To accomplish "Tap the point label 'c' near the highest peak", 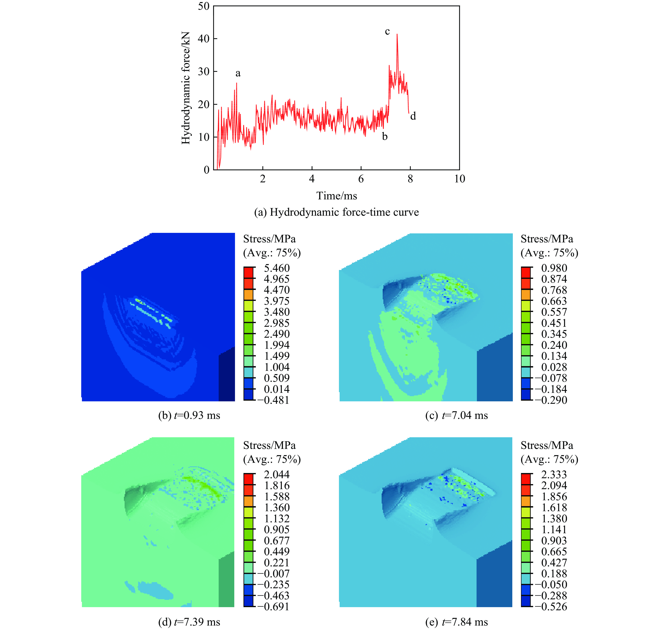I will [x=387, y=31].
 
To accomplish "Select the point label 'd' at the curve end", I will [x=413, y=116].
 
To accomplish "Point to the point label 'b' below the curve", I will [x=385, y=137].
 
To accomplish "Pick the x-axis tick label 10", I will [x=460, y=179].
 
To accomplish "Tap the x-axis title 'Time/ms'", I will [x=337, y=196].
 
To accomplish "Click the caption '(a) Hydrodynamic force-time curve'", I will [x=336, y=212].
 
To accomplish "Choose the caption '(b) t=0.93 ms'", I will [x=189, y=416].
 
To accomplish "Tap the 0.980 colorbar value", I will [x=554, y=268].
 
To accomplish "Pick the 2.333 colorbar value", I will [x=554, y=474].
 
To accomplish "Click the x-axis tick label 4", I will [x=312, y=179].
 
